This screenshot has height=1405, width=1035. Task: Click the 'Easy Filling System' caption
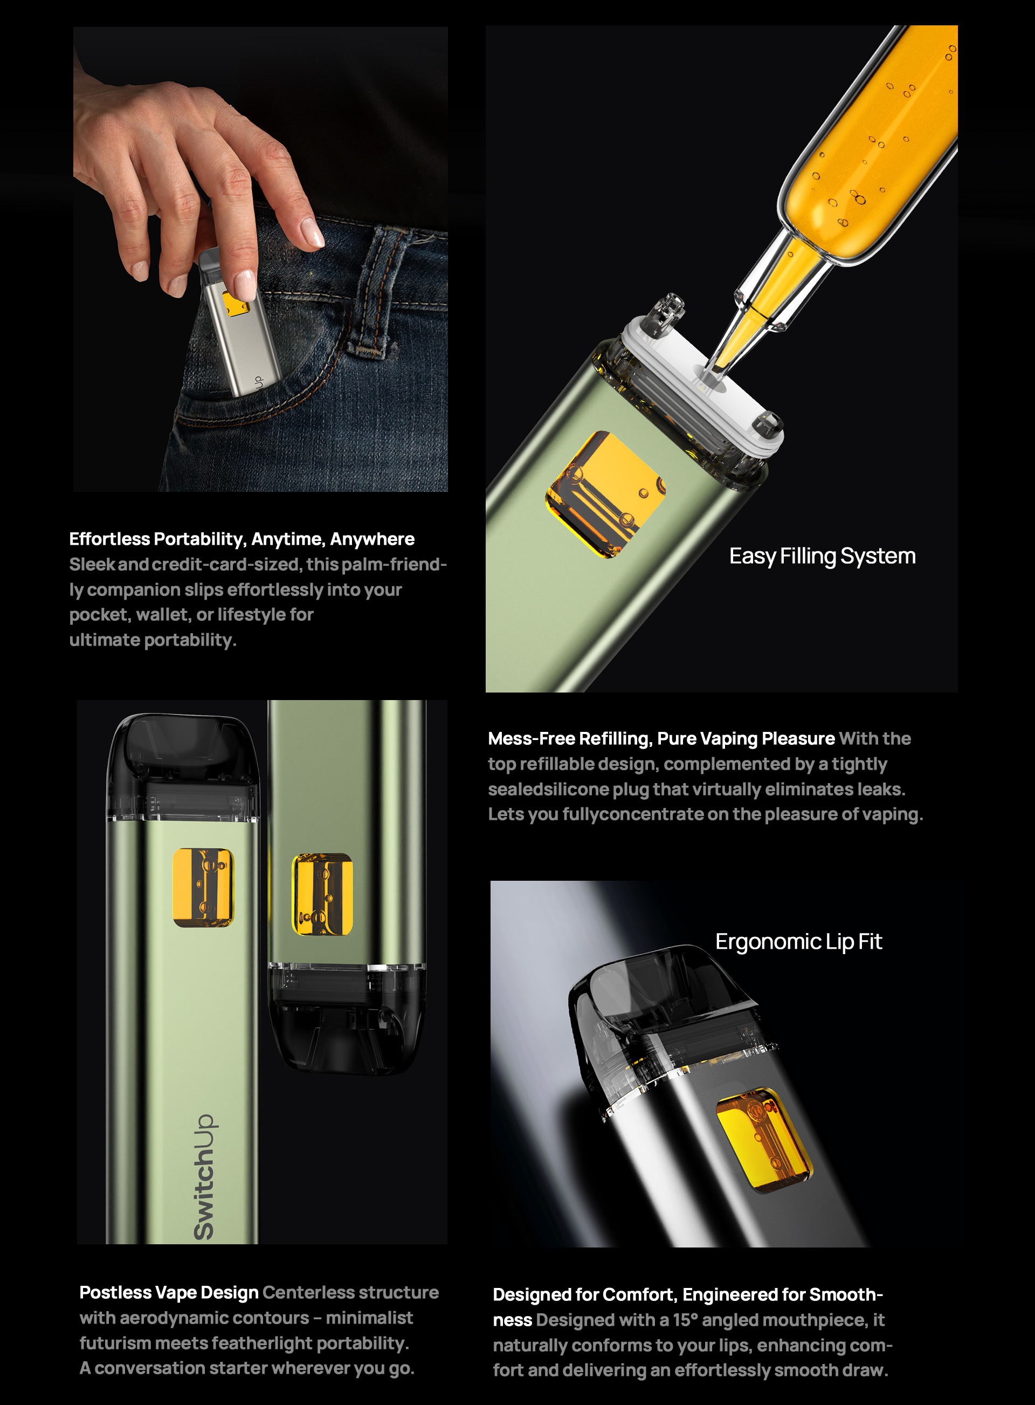822,557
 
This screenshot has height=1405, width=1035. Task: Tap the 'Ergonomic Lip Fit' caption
798,942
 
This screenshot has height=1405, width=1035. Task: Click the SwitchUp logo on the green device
204,1177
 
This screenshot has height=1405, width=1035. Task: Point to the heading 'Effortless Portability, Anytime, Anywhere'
242,539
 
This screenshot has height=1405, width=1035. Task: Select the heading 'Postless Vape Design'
169,1292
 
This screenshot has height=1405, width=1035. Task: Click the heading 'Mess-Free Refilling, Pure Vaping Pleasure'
661,738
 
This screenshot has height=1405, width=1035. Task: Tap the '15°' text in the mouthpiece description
685,1320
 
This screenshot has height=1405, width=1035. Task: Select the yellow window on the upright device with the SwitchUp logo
203,887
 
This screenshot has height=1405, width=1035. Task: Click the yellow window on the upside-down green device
322,894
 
